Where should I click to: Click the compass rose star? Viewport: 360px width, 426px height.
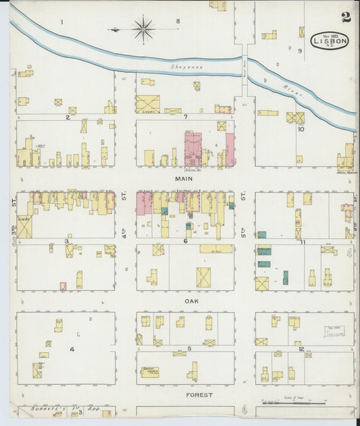tap(143, 29)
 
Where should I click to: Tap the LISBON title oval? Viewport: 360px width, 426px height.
tap(330, 41)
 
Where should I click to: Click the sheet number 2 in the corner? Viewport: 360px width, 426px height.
tap(346, 17)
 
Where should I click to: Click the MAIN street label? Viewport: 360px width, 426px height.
tap(184, 179)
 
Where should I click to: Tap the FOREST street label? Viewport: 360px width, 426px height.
tap(199, 394)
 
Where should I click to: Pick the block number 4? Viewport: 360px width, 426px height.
tap(71, 349)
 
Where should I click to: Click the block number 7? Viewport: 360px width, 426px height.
tap(185, 117)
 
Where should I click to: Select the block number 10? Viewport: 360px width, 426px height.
tap(301, 129)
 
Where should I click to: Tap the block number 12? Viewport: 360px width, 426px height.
tap(301, 349)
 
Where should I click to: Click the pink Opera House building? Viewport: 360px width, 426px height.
tap(193, 149)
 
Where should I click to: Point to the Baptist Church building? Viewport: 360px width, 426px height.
tap(150, 372)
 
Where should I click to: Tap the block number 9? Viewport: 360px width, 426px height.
tap(299, 50)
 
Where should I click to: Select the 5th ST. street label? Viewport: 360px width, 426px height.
tap(243, 198)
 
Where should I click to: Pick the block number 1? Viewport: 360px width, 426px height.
tap(61, 22)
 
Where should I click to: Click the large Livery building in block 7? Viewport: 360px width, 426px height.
tap(147, 104)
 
